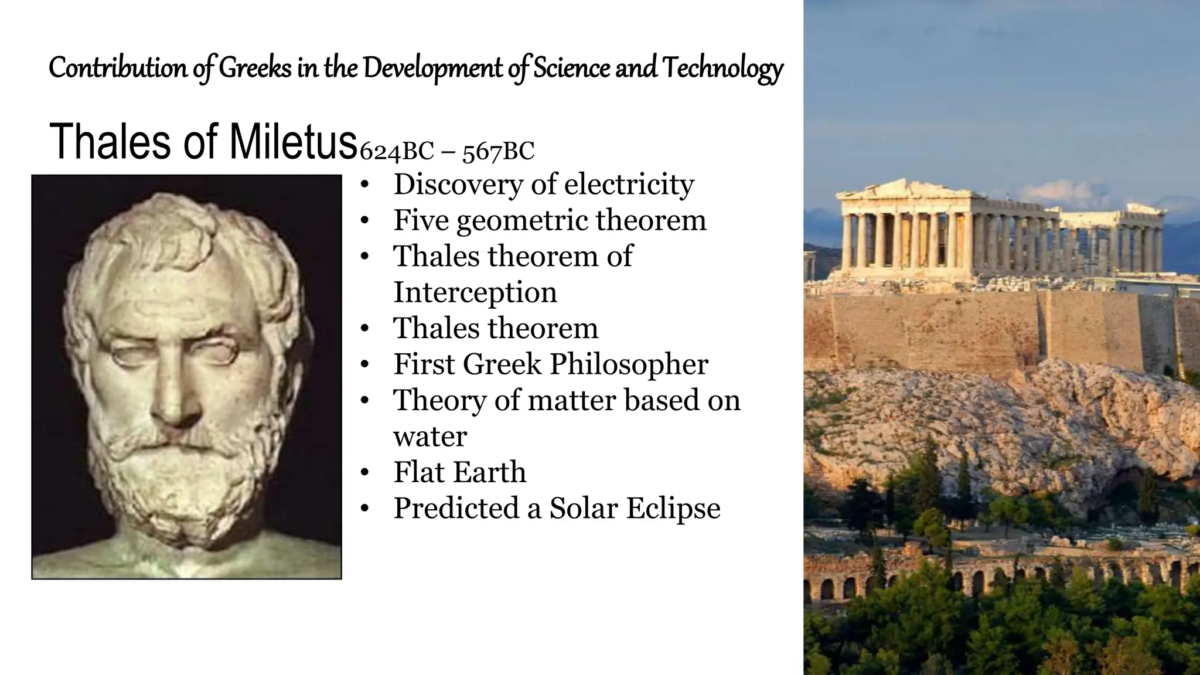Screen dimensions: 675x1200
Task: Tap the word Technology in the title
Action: pyautogui.click(x=722, y=68)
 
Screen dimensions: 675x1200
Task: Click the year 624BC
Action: pyautogui.click(x=396, y=152)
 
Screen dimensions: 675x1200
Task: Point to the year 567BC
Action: pyautogui.click(x=499, y=152)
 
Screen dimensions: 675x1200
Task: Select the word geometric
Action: pyautogui.click(x=523, y=221)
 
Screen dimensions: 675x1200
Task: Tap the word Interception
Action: pyautogui.click(x=475, y=292)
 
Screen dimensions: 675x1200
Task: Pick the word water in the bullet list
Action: pyautogui.click(x=430, y=436)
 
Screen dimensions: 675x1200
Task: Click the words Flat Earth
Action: pyautogui.click(x=460, y=472)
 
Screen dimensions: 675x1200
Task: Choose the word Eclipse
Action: pyautogui.click(x=673, y=507)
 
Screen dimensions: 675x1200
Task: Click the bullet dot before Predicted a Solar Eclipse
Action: pyautogui.click(x=364, y=509)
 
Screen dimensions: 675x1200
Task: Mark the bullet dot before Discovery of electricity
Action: pyautogui.click(x=364, y=185)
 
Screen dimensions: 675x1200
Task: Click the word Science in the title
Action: pyautogui.click(x=571, y=68)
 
